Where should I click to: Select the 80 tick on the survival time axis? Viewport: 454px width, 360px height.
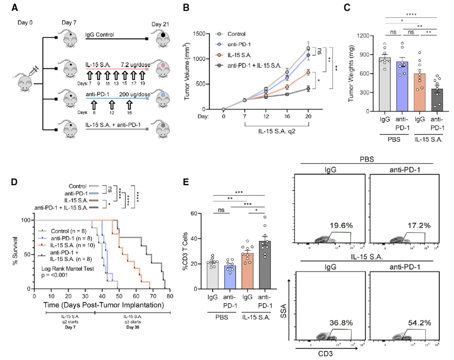[x=170, y=296]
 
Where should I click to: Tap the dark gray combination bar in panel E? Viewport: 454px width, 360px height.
[x=265, y=265]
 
